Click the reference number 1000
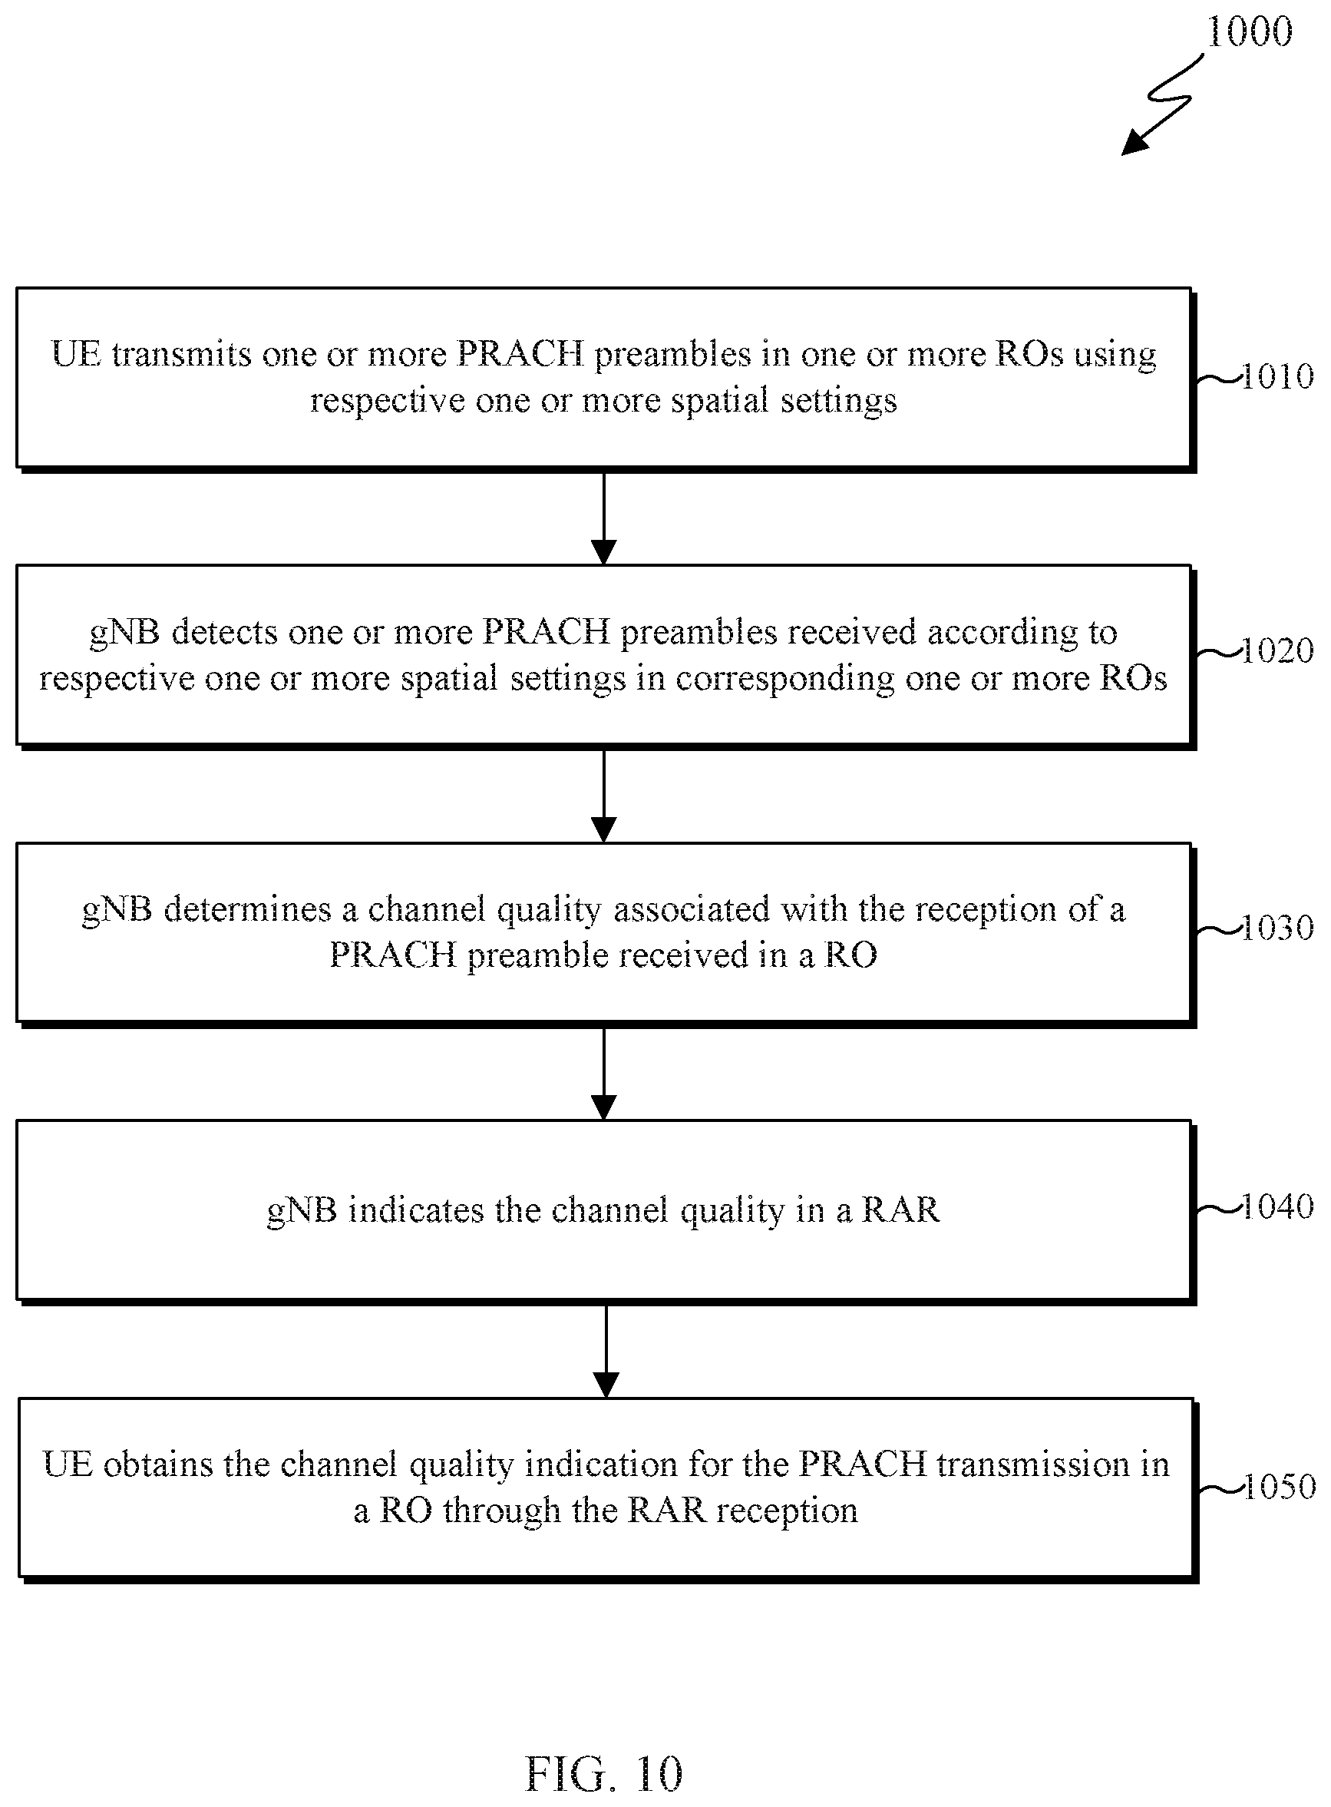1249,32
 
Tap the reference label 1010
1278,376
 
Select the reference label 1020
1278,650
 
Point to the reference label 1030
1278,928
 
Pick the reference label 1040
1278,1206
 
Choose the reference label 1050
1280,1486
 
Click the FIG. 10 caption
603,1774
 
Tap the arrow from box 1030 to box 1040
603,1073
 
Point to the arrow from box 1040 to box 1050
606,1351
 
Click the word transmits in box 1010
181,354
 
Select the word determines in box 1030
247,909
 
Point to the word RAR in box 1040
900,1210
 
